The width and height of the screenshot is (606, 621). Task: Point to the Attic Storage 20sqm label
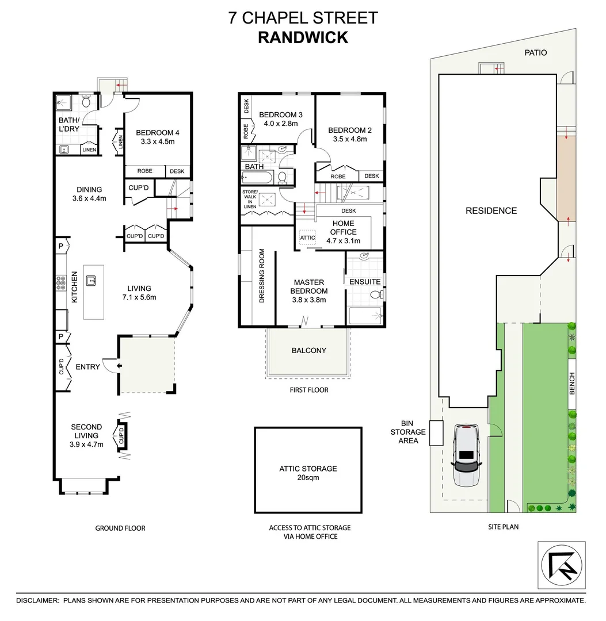(308, 473)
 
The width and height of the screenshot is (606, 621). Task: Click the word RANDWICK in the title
(303, 37)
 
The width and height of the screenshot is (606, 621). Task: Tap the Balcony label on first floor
(308, 350)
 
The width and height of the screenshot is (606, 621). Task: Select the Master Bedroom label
(309, 290)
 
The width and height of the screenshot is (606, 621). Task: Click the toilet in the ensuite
(375, 295)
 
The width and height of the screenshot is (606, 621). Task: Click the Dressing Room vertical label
(261, 276)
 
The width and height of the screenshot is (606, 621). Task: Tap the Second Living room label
(86, 431)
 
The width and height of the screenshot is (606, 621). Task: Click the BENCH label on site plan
(572, 384)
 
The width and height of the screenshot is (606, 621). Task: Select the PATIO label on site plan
(535, 52)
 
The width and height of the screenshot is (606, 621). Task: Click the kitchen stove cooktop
(60, 282)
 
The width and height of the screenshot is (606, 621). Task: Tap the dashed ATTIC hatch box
(308, 237)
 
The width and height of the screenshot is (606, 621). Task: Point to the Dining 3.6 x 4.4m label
(89, 194)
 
